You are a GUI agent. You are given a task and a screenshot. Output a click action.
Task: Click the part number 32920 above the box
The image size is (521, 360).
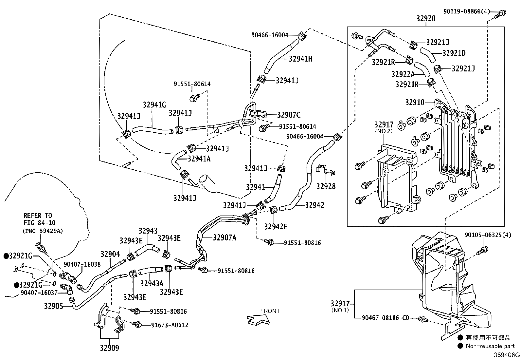pos(426,18)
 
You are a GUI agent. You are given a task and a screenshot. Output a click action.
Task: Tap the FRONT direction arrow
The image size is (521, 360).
pos(258,319)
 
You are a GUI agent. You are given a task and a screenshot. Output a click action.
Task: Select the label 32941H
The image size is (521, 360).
pos(300,59)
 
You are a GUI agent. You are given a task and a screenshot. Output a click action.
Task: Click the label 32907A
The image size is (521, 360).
pos(225,237)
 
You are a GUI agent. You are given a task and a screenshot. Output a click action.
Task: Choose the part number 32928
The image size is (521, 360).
pos(326,186)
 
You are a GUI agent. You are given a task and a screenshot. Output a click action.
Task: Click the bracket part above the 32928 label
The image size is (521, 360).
pos(325,170)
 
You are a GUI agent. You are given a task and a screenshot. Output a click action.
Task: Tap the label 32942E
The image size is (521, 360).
pos(276,226)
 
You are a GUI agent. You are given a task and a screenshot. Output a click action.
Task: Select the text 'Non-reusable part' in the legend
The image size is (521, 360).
pos(490,346)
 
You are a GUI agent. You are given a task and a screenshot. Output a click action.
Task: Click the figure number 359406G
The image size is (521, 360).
pos(507,355)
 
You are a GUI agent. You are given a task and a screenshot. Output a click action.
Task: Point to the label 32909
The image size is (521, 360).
pos(110,348)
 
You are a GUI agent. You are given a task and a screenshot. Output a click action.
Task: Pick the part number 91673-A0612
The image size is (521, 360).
pos(170,325)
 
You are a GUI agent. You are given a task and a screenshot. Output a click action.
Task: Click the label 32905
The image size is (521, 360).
pos(54,306)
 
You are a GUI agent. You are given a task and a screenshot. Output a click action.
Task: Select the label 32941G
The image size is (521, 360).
pos(154,105)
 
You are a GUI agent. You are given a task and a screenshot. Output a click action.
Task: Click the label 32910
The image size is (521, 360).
pos(415,102)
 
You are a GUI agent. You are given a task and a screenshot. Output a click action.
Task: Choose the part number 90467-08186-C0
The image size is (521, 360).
pos(386,318)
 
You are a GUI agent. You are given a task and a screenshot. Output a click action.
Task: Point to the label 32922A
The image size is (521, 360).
pos(403,74)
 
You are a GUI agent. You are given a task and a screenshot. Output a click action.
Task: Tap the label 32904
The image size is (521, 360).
pos(110,254)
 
